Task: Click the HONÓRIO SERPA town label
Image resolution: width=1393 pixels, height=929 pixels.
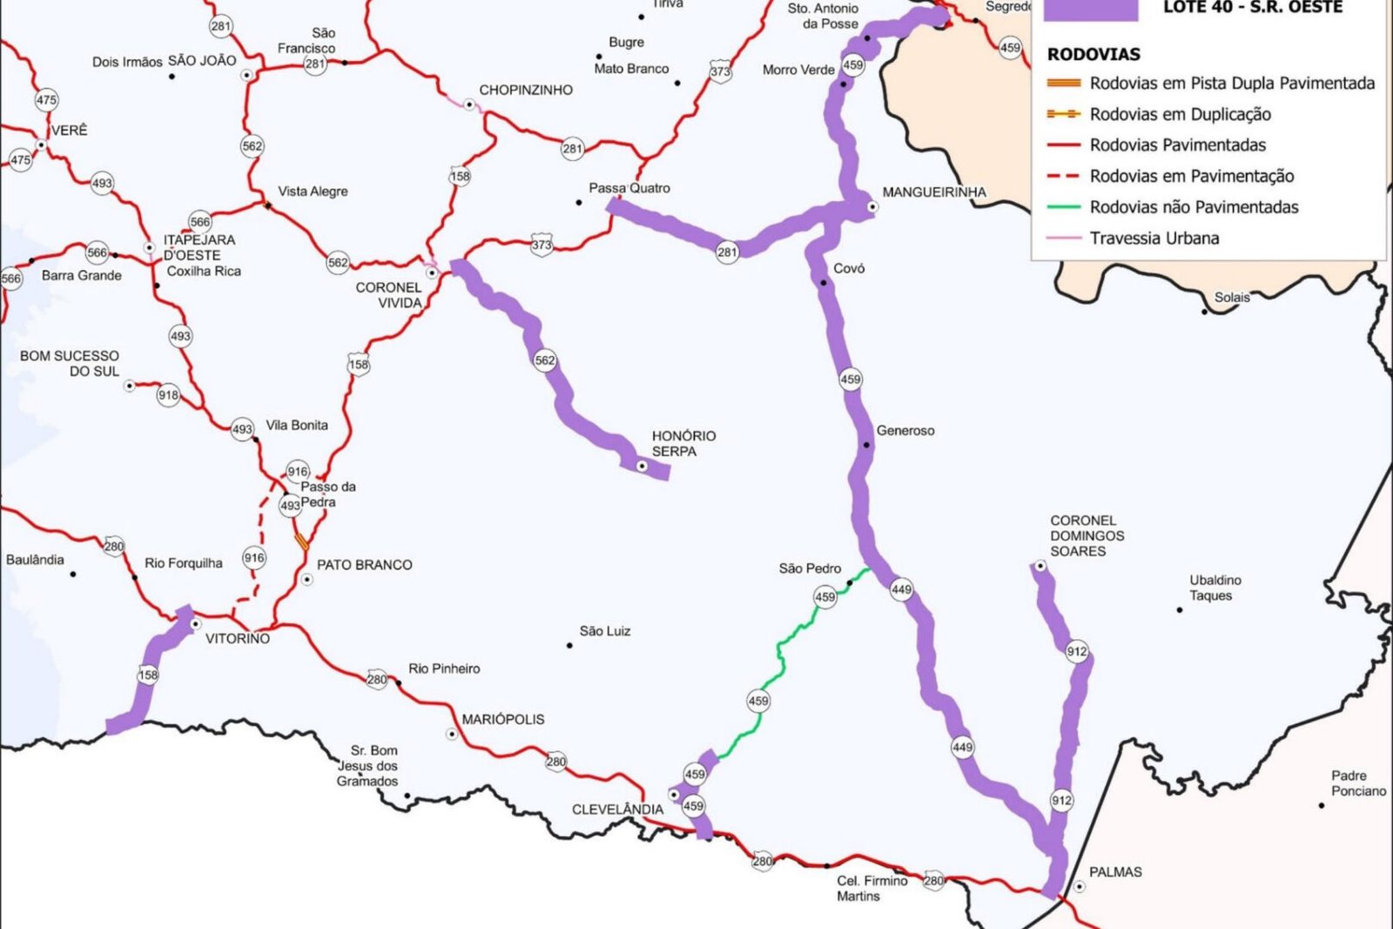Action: [x=683, y=443]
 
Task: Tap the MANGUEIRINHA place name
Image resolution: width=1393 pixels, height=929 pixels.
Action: [x=933, y=192]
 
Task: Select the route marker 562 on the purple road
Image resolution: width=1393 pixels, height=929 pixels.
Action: [x=545, y=360]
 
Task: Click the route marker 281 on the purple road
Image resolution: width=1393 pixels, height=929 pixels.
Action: [x=727, y=252]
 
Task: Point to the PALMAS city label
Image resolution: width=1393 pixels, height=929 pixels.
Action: [x=1114, y=872]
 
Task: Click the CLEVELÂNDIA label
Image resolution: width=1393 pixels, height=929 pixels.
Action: [x=617, y=810]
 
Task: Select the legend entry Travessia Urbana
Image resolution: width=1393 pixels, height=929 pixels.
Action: [x=1154, y=239]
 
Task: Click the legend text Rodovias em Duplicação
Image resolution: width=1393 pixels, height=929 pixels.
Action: [x=1180, y=115]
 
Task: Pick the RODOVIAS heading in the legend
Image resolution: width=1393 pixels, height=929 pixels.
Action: [x=1093, y=55]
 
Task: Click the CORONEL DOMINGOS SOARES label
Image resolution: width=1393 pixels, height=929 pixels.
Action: [x=1087, y=535]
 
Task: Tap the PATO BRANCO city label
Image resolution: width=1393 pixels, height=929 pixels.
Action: [x=364, y=565]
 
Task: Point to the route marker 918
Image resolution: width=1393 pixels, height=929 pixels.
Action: [x=168, y=395]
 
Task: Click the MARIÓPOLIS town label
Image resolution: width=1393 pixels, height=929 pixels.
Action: [x=502, y=720]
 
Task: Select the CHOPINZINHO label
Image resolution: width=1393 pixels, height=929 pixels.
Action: [x=526, y=91]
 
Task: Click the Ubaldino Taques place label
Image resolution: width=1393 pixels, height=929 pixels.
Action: [x=1215, y=588]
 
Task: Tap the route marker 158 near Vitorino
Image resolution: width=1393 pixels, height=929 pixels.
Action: [x=148, y=675]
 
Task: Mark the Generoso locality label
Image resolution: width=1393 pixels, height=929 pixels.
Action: [x=905, y=431]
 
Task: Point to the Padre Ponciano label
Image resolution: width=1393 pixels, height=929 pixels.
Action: [x=1357, y=783]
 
